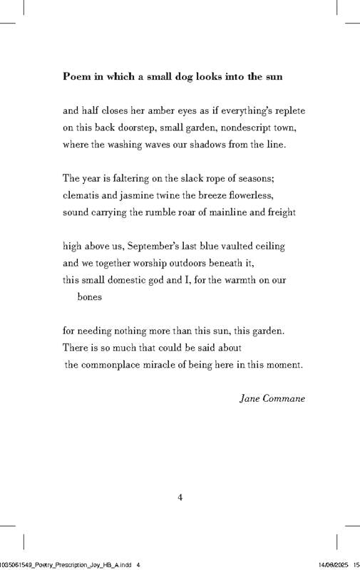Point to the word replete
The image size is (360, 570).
point(289,110)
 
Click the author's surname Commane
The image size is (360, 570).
point(284,398)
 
